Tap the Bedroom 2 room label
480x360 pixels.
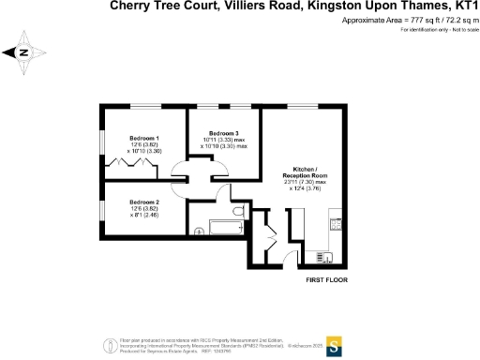[144, 202]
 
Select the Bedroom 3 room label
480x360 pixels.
[224, 132]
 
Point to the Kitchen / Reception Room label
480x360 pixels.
[305, 170]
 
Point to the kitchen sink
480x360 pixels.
[324, 254]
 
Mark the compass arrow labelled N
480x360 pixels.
[22, 53]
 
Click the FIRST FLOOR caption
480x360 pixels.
[329, 279]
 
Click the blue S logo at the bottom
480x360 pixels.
[332, 342]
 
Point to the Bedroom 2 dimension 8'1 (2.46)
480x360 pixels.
[144, 216]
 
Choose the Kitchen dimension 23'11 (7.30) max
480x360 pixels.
[305, 184]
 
